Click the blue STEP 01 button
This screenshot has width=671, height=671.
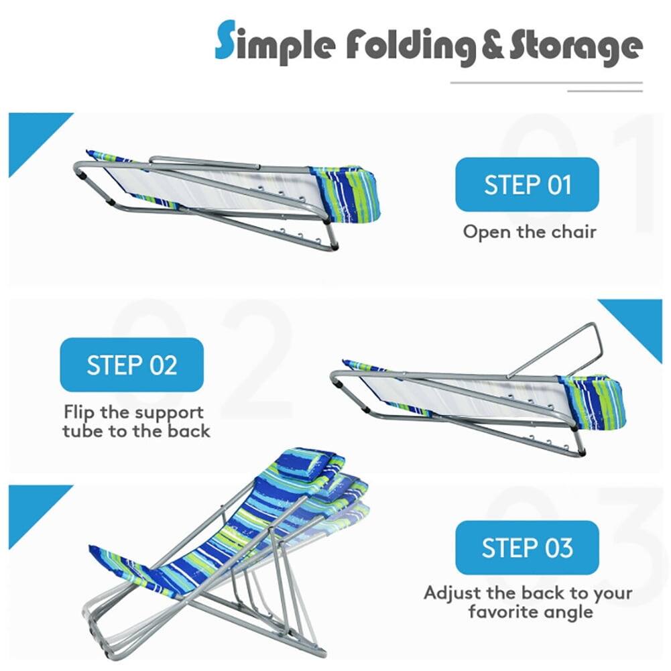tap(527, 184)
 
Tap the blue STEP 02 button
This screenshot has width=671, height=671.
tap(131, 365)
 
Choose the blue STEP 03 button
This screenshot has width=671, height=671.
tap(527, 548)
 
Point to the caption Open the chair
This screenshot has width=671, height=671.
tap(529, 232)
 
